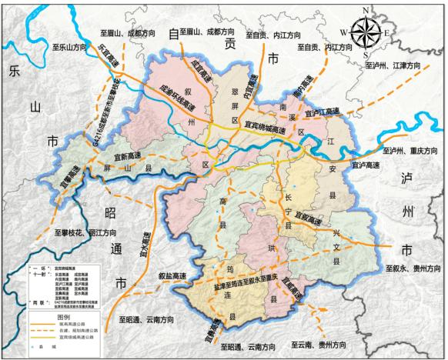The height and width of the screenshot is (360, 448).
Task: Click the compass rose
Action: pyautogui.click(x=365, y=33)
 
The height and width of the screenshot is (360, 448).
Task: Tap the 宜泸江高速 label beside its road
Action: pyautogui.click(x=322, y=112)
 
